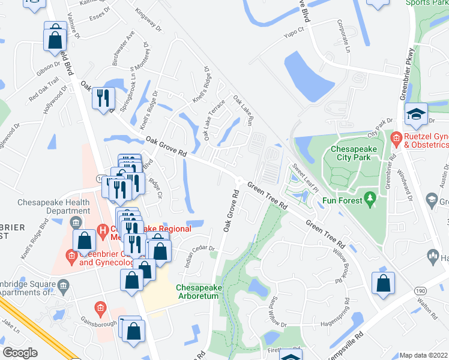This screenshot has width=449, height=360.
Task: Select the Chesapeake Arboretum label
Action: tap(198, 292)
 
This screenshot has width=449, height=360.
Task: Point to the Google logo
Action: tap(20, 352)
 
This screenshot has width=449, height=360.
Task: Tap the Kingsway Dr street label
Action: tap(148, 19)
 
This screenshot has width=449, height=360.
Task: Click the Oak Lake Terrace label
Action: tap(214, 119)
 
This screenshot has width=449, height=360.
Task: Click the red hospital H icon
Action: tap(102, 230)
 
